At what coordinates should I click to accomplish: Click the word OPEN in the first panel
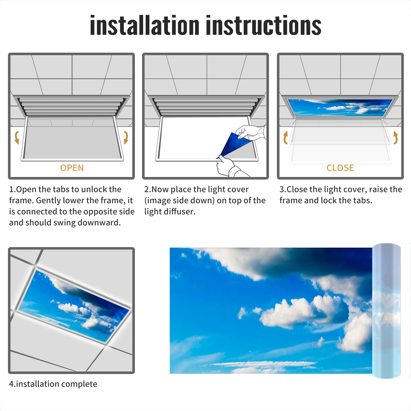(72, 168)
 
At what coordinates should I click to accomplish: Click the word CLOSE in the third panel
(340, 168)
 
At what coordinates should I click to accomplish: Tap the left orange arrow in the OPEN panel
(17, 137)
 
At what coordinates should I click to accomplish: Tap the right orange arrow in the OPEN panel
(126, 137)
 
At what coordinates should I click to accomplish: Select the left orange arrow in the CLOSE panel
(285, 138)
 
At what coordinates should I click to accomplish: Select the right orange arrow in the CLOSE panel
(396, 137)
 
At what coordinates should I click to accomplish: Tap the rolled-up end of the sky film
(386, 311)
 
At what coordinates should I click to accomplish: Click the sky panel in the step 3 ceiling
(340, 107)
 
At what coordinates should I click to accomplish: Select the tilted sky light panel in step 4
(74, 306)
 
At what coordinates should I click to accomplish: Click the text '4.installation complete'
(53, 384)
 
